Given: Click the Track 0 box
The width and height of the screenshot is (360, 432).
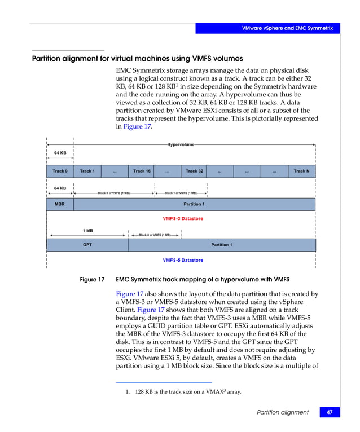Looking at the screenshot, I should pyautogui.click(x=60, y=171).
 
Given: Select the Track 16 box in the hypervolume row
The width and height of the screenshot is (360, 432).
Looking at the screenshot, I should pyautogui.click(x=142, y=171).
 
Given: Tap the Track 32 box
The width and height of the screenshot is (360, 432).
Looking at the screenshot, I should pyautogui.click(x=195, y=171).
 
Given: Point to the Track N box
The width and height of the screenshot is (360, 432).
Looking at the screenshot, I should pyautogui.click(x=301, y=171).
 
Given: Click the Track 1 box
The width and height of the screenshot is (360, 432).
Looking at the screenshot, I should pyautogui.click(x=87, y=171).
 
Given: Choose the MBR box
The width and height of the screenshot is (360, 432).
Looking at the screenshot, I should pyautogui.click(x=60, y=204).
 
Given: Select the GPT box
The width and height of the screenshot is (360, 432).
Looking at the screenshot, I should pyautogui.click(x=87, y=245).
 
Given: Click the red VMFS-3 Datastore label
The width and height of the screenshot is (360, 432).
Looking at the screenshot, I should pyautogui.click(x=183, y=218).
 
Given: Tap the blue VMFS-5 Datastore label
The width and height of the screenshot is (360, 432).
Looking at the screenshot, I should pyautogui.click(x=183, y=260).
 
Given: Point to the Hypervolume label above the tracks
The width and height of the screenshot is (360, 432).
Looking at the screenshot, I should pyautogui.click(x=181, y=145).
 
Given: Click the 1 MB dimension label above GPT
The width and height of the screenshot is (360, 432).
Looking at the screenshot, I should pyautogui.click(x=87, y=231).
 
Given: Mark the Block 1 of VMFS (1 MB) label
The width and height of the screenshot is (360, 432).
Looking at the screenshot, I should pyautogui.click(x=181, y=193).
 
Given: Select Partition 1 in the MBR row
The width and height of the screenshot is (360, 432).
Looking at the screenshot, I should pyautogui.click(x=194, y=204).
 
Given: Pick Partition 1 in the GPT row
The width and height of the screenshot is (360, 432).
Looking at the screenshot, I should pyautogui.click(x=221, y=245).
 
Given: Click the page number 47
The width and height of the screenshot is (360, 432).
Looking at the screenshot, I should pyautogui.click(x=329, y=412).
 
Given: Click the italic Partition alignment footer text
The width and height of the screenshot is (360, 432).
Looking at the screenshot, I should pyautogui.click(x=283, y=412).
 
